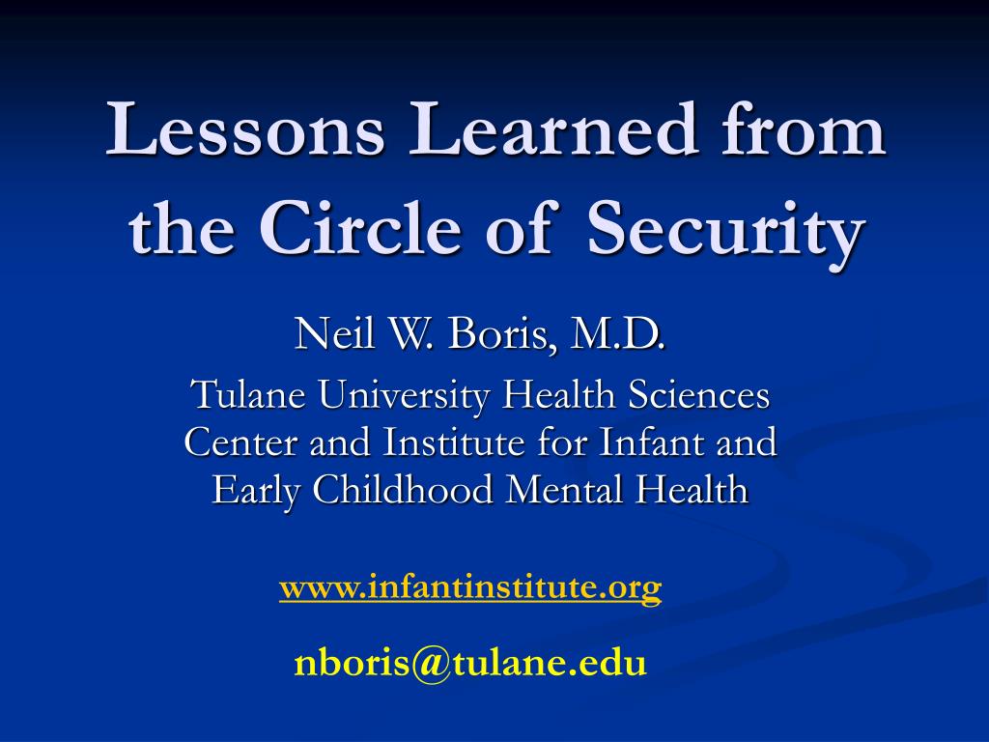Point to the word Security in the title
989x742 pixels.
tap(724, 233)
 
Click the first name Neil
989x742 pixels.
tap(333, 333)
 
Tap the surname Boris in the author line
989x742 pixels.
tap(501, 334)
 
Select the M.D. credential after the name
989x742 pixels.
tap(617, 334)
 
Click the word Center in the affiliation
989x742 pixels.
tap(240, 442)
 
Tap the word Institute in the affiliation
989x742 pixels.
tap(454, 442)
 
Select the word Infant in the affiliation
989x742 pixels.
tap(651, 442)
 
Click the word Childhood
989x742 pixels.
tap(403, 490)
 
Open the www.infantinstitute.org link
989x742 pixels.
tap(470, 587)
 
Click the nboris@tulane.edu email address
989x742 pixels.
tap(470, 664)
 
